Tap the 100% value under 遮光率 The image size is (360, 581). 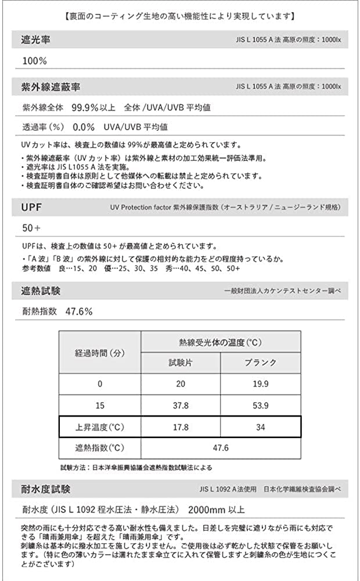pos(35,61)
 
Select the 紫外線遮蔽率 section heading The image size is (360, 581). pos(51,87)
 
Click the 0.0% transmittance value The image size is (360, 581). pos(84,126)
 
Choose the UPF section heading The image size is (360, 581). pos(33,206)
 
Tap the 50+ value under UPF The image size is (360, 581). pos(33,227)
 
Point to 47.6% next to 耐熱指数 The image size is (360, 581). pos(79,311)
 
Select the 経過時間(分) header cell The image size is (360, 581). pos(99,353)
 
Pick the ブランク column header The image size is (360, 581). pos(261,363)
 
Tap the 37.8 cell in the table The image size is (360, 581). pos(181,406)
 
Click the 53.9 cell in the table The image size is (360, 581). pos(261,406)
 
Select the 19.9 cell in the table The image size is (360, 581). pos(261,384)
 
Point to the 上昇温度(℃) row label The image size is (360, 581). pos(99,427)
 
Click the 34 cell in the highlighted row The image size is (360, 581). pos(261,427)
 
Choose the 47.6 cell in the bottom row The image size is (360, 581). pos(221,448)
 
